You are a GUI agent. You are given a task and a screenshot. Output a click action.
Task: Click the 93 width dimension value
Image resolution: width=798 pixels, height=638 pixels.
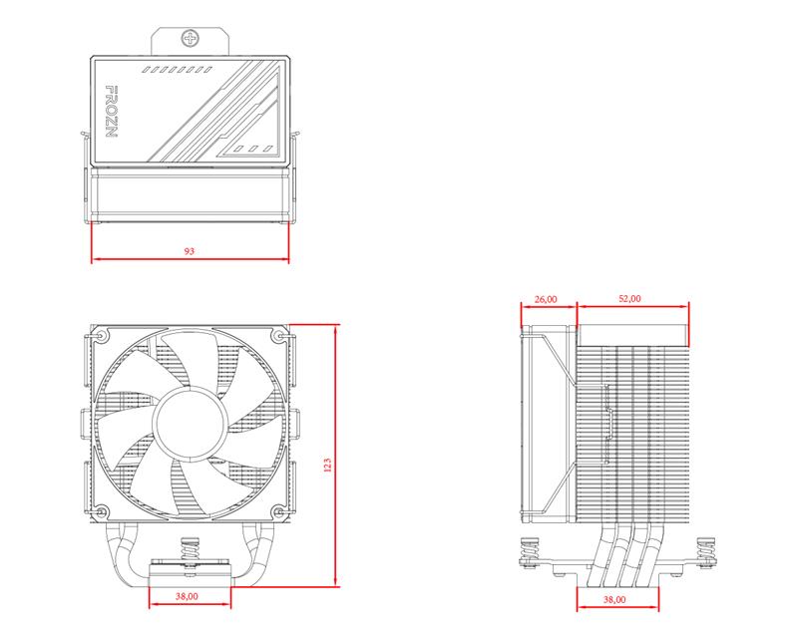190,251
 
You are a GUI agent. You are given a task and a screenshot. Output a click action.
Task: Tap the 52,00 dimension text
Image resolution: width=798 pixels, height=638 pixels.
630,298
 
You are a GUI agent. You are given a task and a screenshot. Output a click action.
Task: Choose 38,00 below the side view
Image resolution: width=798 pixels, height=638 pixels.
614,600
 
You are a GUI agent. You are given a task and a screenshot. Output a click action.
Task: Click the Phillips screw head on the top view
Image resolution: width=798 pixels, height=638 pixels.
191,40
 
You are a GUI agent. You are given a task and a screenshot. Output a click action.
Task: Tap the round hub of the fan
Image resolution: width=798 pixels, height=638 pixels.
190,421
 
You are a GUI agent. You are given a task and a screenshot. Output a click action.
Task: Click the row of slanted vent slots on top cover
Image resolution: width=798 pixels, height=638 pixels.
180,70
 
